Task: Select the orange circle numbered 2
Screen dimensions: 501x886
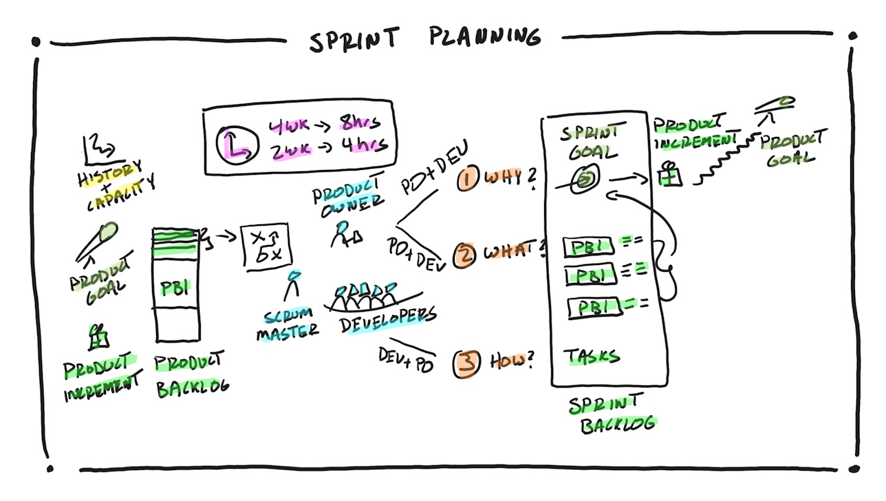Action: [x=465, y=255]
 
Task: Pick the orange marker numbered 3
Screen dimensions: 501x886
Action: [x=466, y=363]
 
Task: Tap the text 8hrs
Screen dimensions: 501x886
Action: [x=360, y=124]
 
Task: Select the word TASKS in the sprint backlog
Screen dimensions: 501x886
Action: [x=592, y=356]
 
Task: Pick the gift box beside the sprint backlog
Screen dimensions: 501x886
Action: [x=669, y=175]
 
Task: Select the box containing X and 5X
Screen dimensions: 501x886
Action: [x=266, y=246]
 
